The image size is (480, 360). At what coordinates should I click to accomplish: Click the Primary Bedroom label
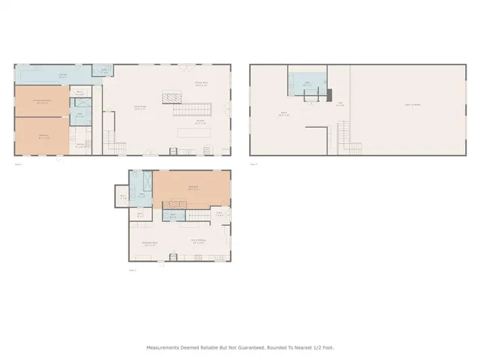(40, 100)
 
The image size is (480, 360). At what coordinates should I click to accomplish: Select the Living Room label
(139, 107)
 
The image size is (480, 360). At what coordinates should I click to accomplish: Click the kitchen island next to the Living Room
(192, 131)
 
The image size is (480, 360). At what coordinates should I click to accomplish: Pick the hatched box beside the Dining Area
(172, 97)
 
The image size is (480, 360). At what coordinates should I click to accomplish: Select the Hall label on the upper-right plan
(340, 103)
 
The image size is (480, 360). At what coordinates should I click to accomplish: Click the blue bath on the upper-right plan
(307, 83)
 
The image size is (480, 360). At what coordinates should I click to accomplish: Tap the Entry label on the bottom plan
(220, 213)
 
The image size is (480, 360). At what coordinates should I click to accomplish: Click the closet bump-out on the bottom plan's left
(123, 196)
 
